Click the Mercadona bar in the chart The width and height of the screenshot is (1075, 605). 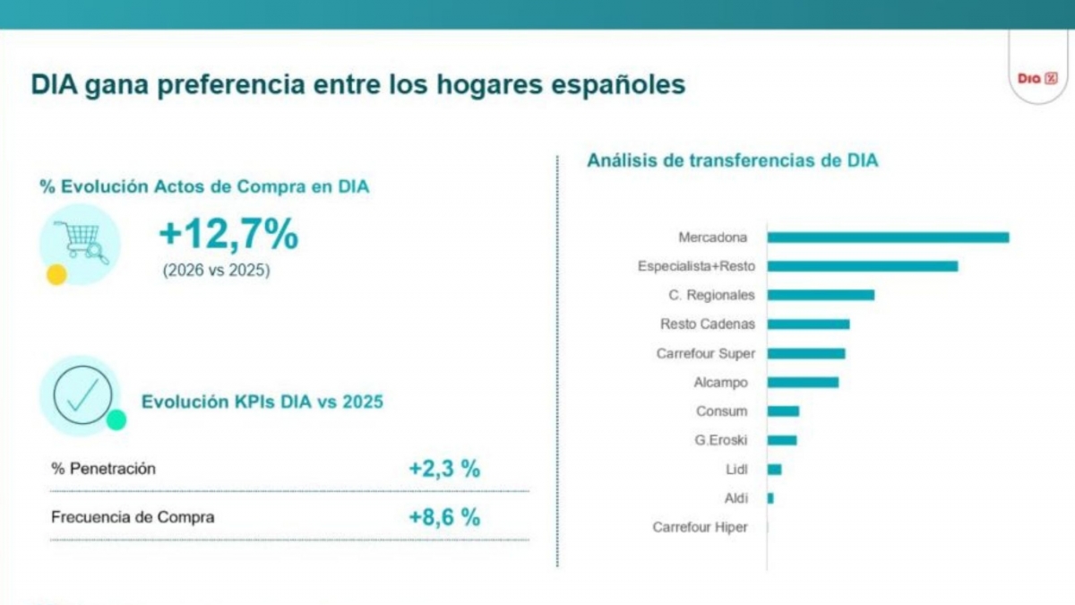point(888,238)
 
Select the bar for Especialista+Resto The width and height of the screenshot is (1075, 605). point(863,266)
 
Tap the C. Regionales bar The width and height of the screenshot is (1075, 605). point(821,295)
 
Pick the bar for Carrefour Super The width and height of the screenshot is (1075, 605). point(806,353)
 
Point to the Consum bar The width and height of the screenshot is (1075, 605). point(783,411)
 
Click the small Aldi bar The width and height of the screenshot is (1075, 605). point(770,498)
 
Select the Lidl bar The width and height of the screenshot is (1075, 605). point(774,469)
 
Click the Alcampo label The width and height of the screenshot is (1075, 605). point(721,383)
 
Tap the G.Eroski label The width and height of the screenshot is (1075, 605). point(721,440)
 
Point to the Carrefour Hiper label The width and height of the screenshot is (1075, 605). point(700,527)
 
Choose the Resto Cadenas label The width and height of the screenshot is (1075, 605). point(708,324)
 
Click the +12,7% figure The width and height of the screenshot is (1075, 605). point(228,234)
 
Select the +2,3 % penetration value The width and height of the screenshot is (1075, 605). point(444,469)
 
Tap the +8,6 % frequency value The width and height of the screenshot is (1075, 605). point(444,518)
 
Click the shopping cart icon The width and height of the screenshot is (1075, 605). point(81,243)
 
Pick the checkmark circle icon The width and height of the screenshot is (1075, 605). point(82,395)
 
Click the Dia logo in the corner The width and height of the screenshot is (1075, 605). point(1037,78)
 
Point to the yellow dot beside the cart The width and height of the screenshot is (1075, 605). point(56,274)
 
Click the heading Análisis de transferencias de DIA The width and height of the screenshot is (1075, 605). point(733,160)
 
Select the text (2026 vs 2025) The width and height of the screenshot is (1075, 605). point(217,271)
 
